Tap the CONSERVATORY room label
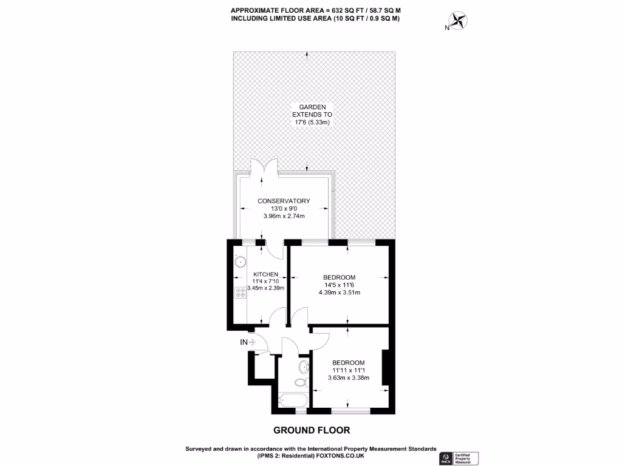(284, 201)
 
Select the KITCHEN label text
(265, 274)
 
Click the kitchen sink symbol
(240, 262)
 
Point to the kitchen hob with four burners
(239, 292)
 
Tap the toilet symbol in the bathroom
(299, 382)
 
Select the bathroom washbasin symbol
(303, 366)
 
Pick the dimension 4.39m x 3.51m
(340, 292)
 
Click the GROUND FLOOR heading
(312, 430)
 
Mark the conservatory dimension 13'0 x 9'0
(284, 208)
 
